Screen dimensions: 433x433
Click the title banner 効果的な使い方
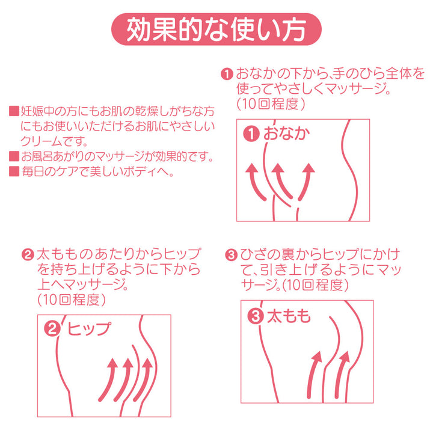[216, 29]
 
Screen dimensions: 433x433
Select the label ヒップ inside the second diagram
[89, 328]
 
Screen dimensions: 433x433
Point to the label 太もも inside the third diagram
[289, 316]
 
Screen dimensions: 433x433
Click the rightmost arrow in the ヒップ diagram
[145, 381]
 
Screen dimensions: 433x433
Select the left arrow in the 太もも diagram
[312, 375]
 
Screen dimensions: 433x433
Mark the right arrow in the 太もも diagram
[340, 375]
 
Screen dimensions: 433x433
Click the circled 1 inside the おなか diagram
[251, 134]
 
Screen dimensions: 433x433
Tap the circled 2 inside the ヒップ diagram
[52, 328]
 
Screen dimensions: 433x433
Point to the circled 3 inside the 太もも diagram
[256, 316]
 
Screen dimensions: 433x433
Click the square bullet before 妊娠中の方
[14, 111]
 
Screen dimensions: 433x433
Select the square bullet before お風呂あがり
[14, 156]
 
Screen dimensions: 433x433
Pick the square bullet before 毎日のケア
[14, 171]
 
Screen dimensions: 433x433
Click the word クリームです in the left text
[54, 141]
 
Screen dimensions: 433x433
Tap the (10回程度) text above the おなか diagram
[271, 104]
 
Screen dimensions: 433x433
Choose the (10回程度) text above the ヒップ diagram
[71, 299]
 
